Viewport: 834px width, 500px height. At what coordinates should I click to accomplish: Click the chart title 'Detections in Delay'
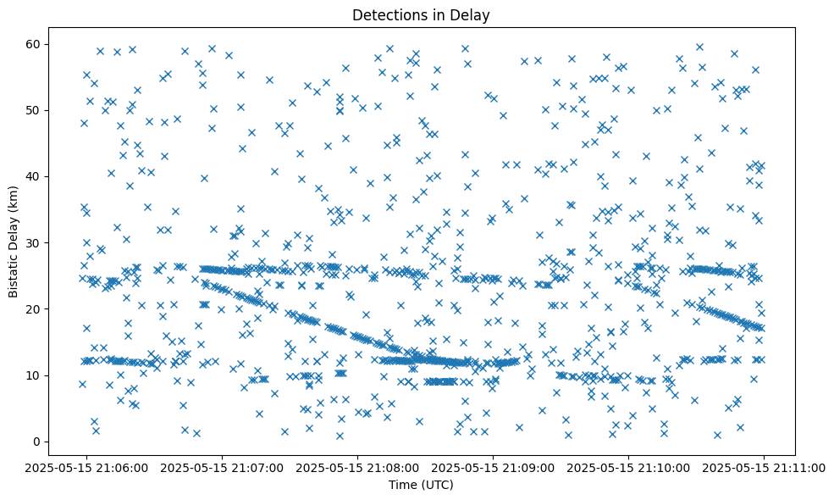coord(421,15)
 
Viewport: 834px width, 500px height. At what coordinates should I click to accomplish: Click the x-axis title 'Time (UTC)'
coord(421,485)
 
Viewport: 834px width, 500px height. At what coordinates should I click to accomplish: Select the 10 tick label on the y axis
coord(36,375)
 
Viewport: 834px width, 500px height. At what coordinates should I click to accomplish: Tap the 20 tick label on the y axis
coord(36,309)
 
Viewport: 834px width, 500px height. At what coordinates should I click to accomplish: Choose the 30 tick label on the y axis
coord(36,243)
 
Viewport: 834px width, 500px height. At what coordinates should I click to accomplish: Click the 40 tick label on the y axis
coord(36,176)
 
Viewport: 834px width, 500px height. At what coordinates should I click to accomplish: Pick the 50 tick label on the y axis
coord(36,110)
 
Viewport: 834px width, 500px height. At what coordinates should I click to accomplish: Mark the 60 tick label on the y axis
coord(36,44)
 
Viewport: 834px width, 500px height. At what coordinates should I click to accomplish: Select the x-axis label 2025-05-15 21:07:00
coord(221,467)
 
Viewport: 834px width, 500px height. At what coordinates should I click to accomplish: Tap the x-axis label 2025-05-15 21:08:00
coord(356,467)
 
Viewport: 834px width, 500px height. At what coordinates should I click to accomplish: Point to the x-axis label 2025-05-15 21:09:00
coord(493,467)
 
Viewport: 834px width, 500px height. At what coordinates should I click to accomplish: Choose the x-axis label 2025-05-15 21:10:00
coord(628,467)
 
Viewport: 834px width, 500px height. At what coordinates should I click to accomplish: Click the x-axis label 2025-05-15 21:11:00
coord(765,467)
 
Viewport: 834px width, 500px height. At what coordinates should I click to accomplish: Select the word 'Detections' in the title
coord(390,15)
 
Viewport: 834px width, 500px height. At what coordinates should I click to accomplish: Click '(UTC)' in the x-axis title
coord(438,485)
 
